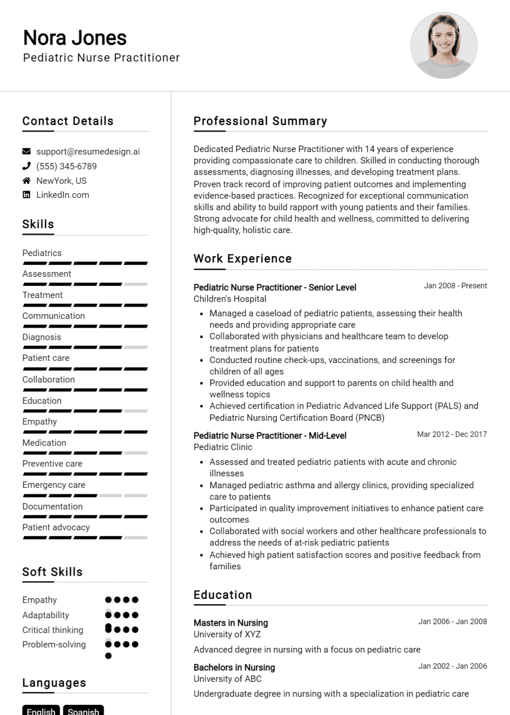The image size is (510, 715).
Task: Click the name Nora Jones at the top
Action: [75, 38]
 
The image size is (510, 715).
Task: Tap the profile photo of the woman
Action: [443, 46]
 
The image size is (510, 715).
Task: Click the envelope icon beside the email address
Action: [27, 151]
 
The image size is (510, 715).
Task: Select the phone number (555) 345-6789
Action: [67, 166]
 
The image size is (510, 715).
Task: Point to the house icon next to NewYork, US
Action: [27, 181]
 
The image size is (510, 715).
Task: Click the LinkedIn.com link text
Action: [63, 195]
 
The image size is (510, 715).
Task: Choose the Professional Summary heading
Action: [260, 121]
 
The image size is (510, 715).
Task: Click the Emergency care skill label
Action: [54, 485]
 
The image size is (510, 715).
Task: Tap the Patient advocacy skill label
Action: [56, 527]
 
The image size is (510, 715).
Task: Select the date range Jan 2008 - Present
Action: [455, 286]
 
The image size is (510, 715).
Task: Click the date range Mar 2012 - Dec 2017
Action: [452, 434]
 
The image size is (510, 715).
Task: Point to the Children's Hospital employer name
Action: [230, 299]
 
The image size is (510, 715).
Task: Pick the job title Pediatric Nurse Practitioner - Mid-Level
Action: [270, 436]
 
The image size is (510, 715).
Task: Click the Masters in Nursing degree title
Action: [231, 623]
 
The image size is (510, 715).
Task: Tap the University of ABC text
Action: [228, 679]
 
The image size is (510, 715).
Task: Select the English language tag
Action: [41, 711]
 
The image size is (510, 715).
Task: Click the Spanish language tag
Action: [83, 711]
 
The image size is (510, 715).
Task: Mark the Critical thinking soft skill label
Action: [53, 630]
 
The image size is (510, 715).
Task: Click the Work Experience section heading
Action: [243, 259]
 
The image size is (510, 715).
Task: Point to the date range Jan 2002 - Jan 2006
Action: [452, 666]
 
